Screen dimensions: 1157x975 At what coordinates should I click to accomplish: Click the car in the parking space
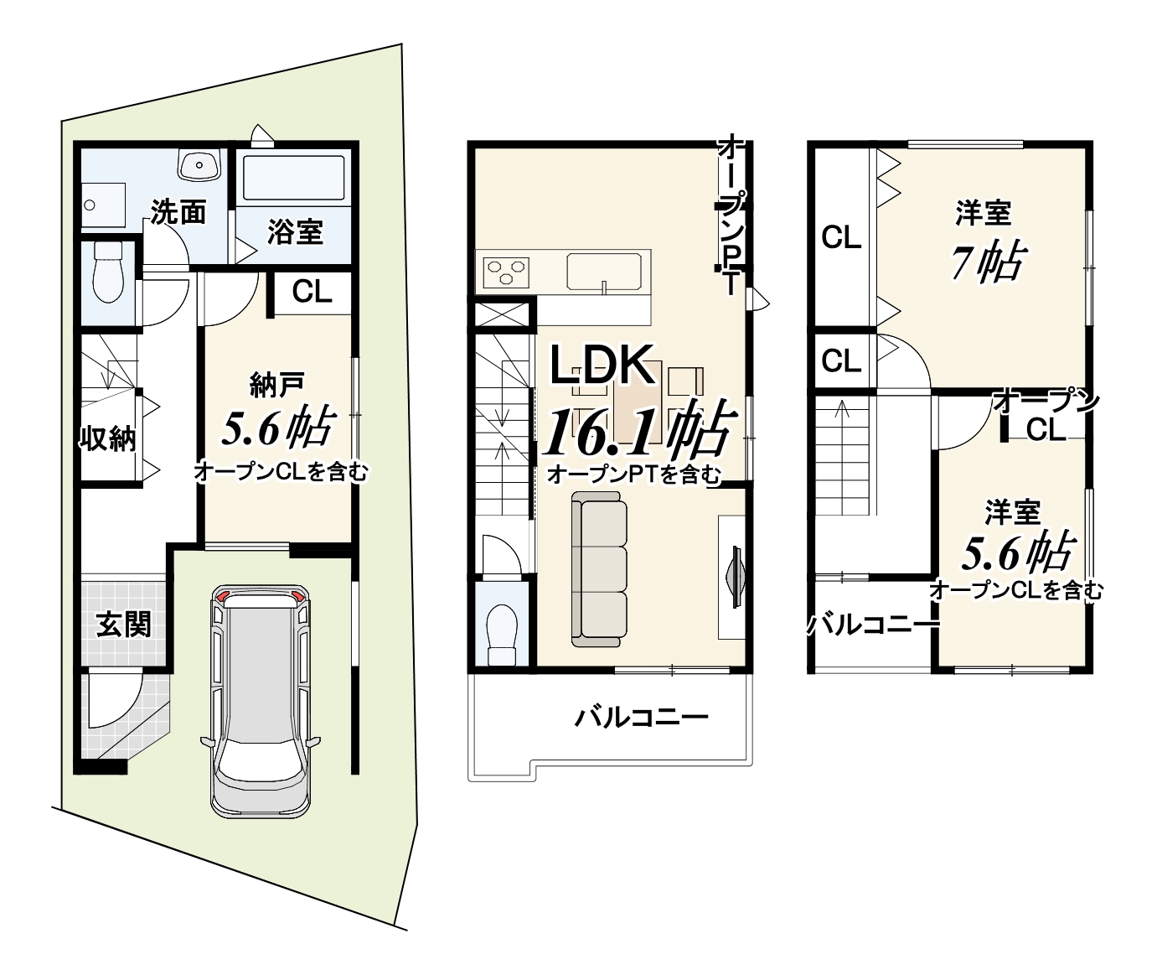(x=261, y=701)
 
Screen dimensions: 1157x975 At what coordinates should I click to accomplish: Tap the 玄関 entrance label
(x=124, y=625)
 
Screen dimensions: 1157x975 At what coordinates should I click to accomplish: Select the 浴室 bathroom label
(x=296, y=232)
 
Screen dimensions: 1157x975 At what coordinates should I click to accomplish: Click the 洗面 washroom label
(x=178, y=212)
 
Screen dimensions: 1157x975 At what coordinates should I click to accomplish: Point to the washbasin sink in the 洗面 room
(x=199, y=164)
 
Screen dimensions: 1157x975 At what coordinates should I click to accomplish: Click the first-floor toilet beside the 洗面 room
(x=108, y=272)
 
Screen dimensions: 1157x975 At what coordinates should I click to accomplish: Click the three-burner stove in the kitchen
(x=506, y=272)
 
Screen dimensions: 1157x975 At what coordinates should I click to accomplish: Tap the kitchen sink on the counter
(x=604, y=272)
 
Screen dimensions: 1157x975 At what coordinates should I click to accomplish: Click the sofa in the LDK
(x=600, y=569)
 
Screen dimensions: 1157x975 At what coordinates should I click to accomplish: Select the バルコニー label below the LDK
(x=641, y=718)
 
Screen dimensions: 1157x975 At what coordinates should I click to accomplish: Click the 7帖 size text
(x=988, y=262)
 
